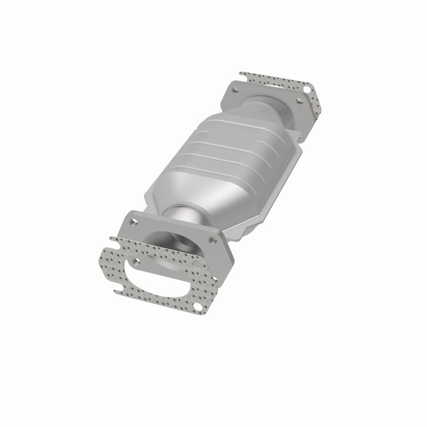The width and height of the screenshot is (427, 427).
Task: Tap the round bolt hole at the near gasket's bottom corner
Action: click(x=198, y=306)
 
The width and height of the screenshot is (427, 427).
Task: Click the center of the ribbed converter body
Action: click(x=235, y=155)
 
